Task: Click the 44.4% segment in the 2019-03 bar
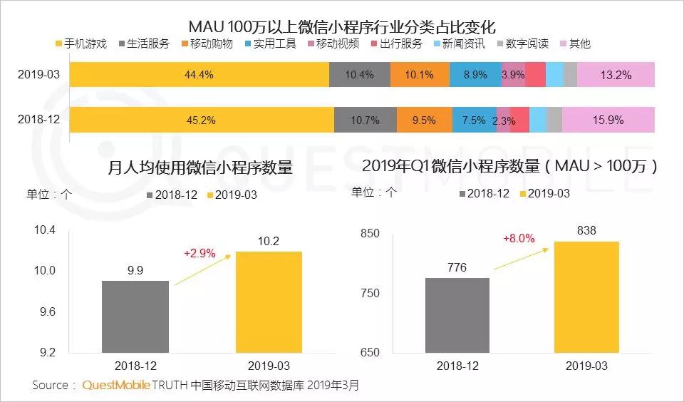[x=199, y=75]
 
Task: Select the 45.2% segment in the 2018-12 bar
[x=202, y=120]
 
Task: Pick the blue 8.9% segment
[x=475, y=75]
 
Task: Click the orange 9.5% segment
[x=423, y=120]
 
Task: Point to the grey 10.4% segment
[x=360, y=75]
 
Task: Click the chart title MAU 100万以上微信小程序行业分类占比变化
[x=341, y=26]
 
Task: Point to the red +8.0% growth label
[x=518, y=238]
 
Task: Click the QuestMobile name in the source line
[x=116, y=385]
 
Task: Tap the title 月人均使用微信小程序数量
[x=199, y=168]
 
